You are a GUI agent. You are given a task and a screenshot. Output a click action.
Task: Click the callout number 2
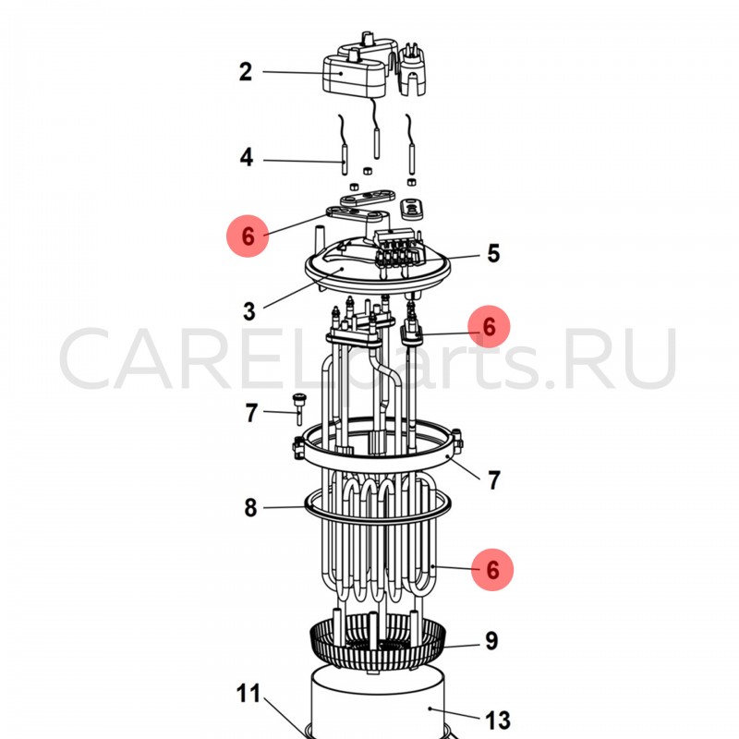tap(246, 72)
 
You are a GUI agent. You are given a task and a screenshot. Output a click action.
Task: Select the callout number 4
tap(247, 157)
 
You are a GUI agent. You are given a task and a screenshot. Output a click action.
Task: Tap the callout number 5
tap(493, 253)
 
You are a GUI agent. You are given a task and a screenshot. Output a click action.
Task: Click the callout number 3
tap(249, 311)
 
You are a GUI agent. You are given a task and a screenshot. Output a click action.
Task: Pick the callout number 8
tap(250, 507)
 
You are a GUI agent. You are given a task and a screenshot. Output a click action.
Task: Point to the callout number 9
tap(491, 640)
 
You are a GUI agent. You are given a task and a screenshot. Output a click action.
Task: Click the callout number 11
tap(248, 694)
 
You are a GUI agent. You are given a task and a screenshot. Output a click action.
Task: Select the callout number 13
tap(498, 721)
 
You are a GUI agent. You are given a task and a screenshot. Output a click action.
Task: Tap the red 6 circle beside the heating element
tap(492, 569)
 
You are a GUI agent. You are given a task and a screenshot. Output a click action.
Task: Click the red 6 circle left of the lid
tap(248, 236)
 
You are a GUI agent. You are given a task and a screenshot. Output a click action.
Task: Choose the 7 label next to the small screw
tap(251, 413)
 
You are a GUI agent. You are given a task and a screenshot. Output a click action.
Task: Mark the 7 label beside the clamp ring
tap(493, 480)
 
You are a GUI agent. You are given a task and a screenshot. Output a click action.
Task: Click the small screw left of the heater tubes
tap(298, 408)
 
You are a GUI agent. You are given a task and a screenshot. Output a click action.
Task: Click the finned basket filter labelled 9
tap(378, 642)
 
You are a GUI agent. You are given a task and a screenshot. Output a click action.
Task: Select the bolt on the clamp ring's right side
tap(457, 442)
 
